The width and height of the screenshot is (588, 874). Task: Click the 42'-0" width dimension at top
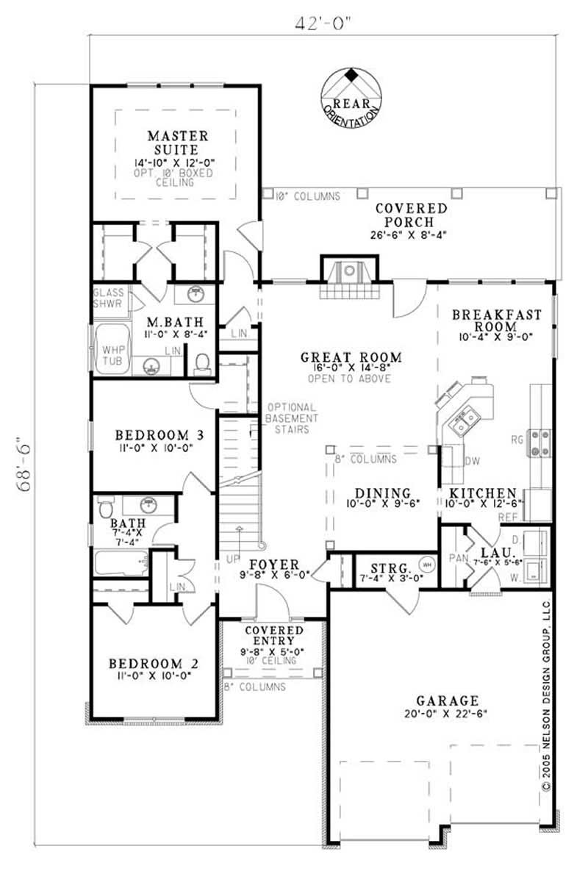pos(325,21)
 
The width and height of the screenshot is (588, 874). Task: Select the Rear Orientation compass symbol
pos(351,96)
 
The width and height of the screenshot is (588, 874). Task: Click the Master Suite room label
pos(177,143)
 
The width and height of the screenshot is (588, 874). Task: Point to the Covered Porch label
pos(411,215)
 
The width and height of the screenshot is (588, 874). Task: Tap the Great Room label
pos(340,358)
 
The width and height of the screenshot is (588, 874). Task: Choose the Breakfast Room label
pos(496,320)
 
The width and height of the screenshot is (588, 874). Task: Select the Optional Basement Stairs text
pos(292,418)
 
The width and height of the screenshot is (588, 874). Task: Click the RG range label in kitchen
pos(519,440)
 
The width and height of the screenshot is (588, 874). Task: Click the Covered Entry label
pos(274,636)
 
